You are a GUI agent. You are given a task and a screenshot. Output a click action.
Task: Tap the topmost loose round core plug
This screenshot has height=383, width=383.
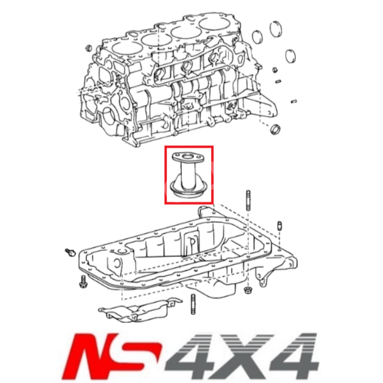[x=277, y=28]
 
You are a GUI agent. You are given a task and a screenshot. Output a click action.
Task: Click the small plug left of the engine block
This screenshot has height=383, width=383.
[x=88, y=47]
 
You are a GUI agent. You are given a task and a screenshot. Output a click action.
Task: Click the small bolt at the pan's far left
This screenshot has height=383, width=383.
[x=69, y=253]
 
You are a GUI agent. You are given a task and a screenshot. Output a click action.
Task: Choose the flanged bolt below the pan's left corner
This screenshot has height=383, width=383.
[x=84, y=282]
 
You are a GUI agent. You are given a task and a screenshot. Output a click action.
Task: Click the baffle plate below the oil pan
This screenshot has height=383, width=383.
[x=136, y=310]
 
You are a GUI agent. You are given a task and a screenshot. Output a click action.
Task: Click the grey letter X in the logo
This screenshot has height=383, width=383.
[x=236, y=354]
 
